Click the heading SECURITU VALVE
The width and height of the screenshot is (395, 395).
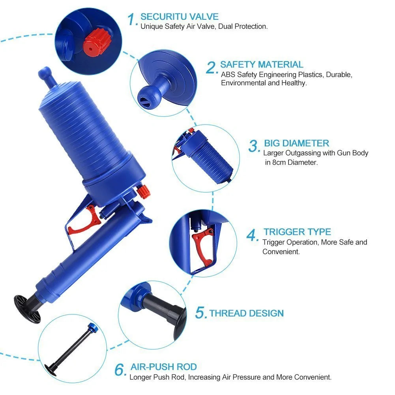pos(179,17)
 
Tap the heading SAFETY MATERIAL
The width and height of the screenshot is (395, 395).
pos(262,64)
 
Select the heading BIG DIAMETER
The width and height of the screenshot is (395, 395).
pos(296,143)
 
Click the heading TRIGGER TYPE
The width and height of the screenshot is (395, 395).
pos(297,232)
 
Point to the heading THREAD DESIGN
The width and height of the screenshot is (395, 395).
pos(246,313)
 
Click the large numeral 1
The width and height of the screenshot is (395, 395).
pos(132,19)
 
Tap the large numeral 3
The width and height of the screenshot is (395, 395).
pos(254,146)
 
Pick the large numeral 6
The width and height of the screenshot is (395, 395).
pos(120,370)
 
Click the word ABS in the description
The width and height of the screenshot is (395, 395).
pos(228,75)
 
